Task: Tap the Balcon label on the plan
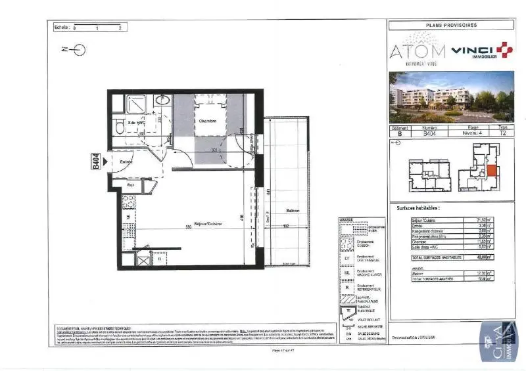point(293,210)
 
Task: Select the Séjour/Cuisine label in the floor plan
point(208,224)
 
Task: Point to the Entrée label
point(126,162)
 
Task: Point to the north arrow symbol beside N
point(80,49)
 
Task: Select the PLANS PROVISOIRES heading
point(452,25)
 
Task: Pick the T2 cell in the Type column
point(503,133)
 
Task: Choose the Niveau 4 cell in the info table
point(472,133)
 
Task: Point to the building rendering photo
point(452,97)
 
